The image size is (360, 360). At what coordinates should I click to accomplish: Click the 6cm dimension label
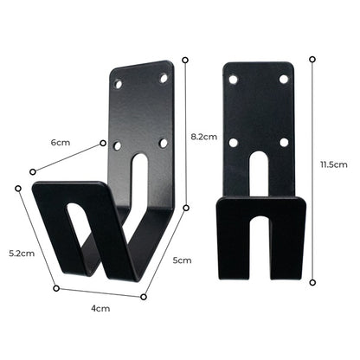pos(60,141)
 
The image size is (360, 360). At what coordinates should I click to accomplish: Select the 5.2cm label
pos(22,254)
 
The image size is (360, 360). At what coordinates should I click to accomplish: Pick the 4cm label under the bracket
pos(101,308)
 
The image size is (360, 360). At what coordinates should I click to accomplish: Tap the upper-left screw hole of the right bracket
pos(234,80)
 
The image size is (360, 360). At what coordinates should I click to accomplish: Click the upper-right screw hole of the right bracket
pos(283,80)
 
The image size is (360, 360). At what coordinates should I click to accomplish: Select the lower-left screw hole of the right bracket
pos(234,142)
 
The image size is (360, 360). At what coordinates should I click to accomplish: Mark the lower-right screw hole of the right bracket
pos(283,142)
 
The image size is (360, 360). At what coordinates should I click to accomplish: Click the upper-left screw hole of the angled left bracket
pos(119,86)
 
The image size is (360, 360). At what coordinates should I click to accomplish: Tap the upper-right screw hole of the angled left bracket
pos(163,78)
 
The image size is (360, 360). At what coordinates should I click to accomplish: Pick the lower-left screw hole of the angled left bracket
pos(118,145)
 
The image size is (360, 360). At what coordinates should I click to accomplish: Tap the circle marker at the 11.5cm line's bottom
pos(312,280)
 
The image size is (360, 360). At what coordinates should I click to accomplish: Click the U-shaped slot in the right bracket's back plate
pos(258,173)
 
